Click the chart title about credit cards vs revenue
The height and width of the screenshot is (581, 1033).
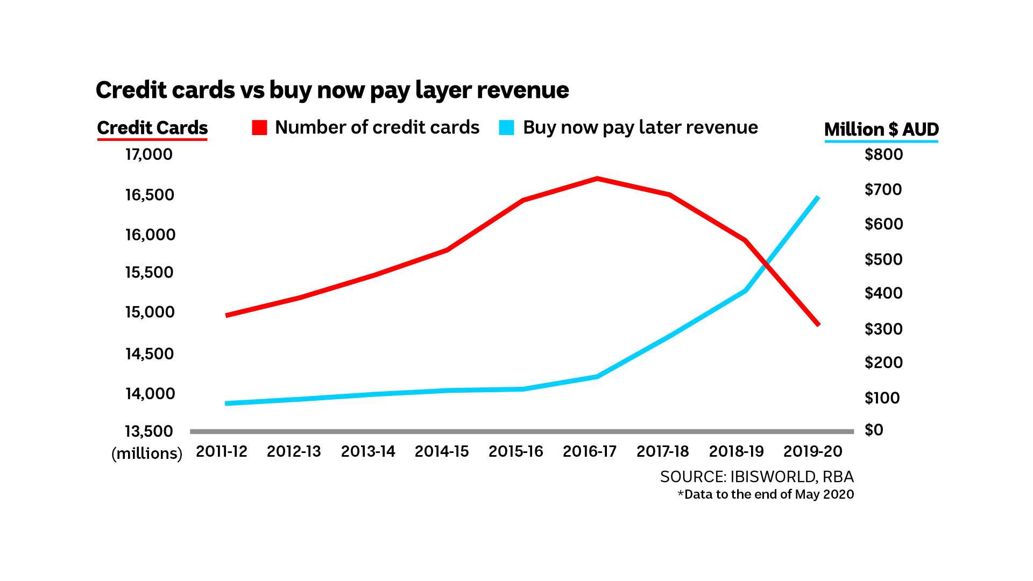coord(332,90)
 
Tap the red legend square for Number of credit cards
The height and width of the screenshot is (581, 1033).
coord(259,127)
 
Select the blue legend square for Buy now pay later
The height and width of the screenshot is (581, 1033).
coord(506,127)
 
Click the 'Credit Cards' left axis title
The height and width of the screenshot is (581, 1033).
coord(152,128)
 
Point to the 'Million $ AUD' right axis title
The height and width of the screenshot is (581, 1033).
coord(881,130)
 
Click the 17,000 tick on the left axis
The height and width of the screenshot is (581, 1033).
coord(149,154)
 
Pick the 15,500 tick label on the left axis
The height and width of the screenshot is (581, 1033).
coord(149,272)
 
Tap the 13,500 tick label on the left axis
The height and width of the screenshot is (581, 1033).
coord(149,431)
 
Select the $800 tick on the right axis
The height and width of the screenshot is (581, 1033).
coord(883,154)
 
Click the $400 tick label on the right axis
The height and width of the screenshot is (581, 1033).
coord(883,293)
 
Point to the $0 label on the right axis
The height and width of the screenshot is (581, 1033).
coord(874,430)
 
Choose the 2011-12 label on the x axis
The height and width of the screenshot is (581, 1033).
coord(222,451)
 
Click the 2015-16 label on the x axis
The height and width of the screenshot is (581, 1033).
coord(515,451)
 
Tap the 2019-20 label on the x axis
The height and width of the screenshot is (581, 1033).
coord(812,451)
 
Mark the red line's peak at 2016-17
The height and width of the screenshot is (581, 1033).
coord(597,178)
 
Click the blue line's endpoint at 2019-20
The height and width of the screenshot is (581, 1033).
coord(818,197)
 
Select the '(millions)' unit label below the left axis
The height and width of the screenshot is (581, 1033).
coord(147,454)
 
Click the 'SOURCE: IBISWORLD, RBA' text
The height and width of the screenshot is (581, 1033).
coord(756,477)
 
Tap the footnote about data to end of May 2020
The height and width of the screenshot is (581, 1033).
coord(766,494)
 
